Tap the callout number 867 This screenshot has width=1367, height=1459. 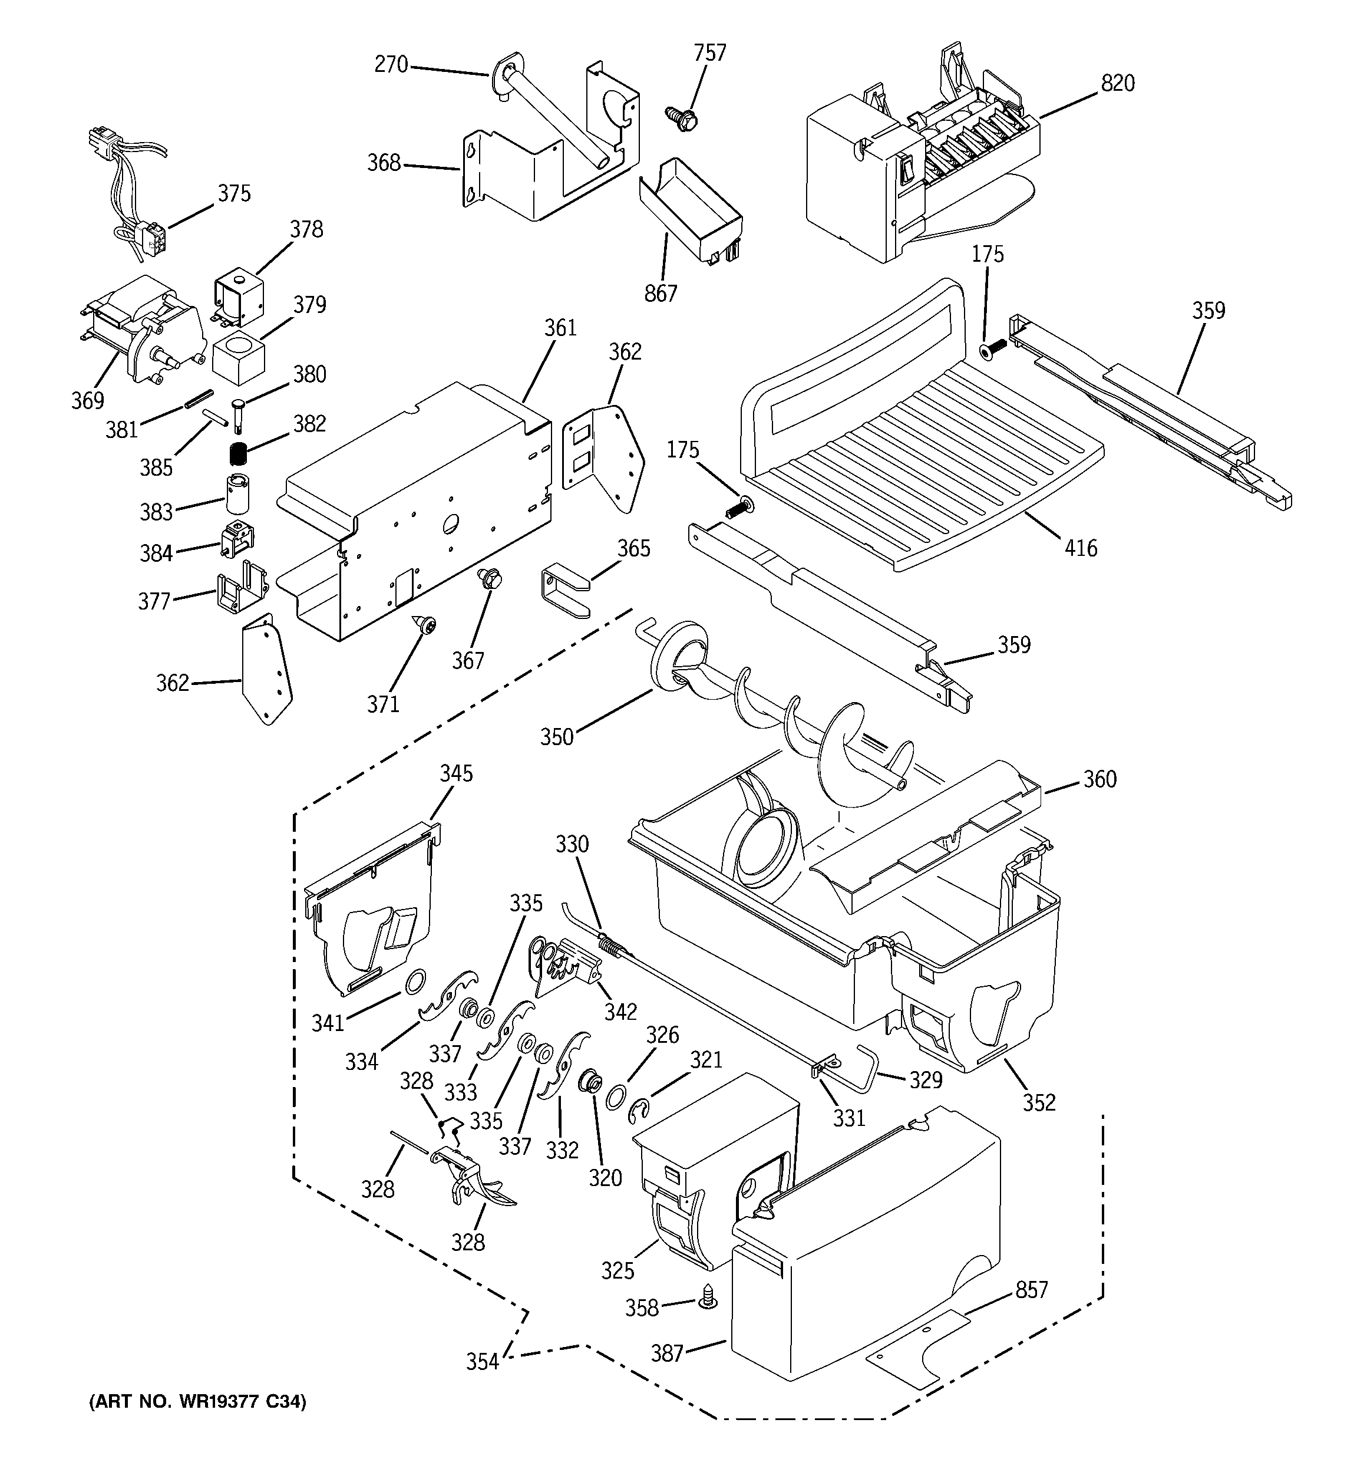coord(661,294)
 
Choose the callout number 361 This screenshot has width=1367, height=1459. coord(560,328)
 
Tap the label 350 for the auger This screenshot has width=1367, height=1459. coord(556,736)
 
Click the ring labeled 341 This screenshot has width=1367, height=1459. coord(415,979)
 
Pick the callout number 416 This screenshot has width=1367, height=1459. coord(1080,548)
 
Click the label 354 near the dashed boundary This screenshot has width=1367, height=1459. coord(482,1362)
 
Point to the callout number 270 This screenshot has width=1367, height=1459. coord(391,65)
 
